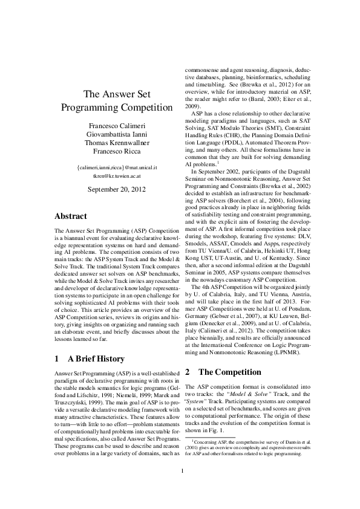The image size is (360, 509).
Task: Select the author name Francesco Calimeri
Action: (x=117, y=126)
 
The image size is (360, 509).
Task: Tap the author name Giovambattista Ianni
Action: (x=117, y=135)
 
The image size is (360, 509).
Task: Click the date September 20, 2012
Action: (x=117, y=189)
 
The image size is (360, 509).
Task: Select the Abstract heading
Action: (x=71, y=216)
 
